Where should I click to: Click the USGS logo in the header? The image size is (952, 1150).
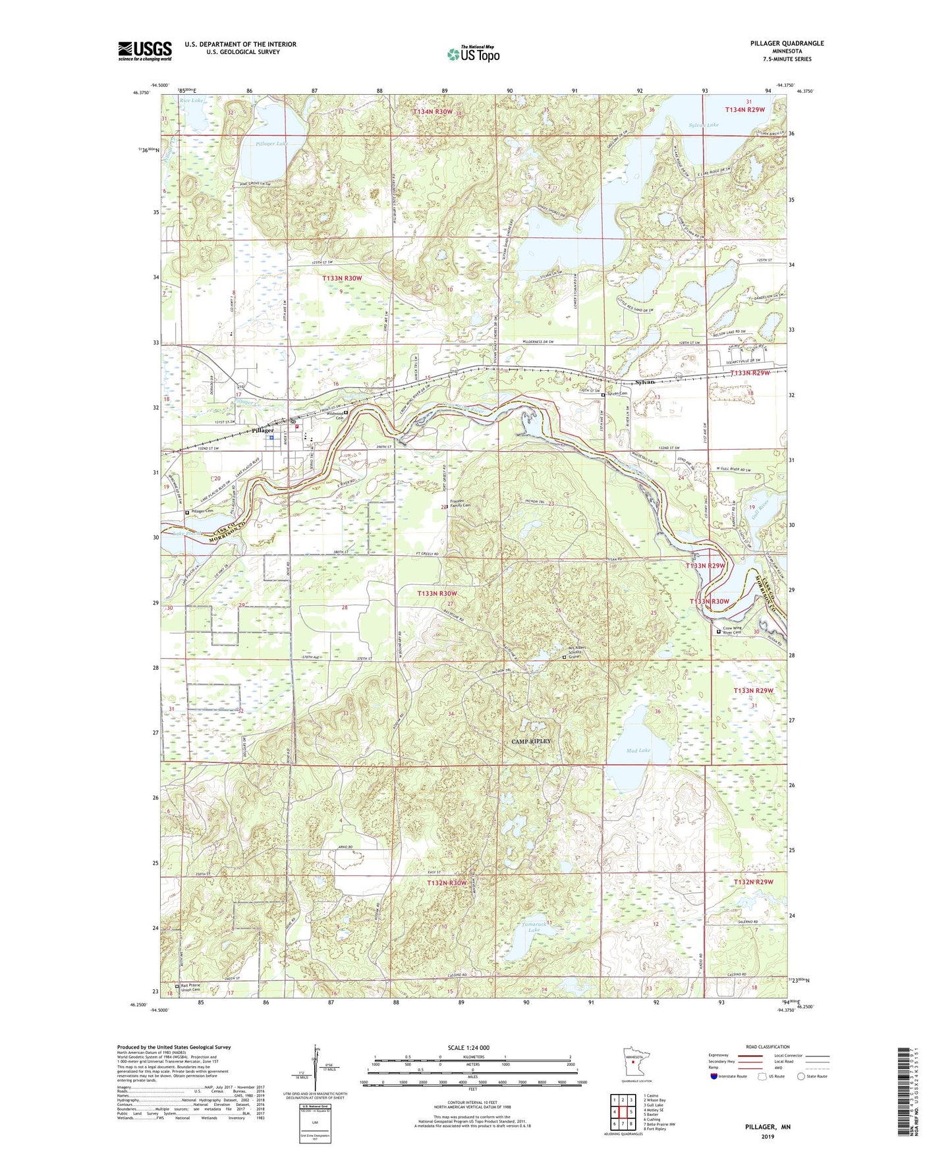coord(145,51)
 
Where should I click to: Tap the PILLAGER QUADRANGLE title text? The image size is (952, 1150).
coord(787,43)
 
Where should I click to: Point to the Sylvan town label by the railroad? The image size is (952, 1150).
coord(645,382)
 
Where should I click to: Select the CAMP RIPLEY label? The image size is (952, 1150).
coord(531,741)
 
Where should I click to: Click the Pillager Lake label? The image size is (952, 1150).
coord(272,143)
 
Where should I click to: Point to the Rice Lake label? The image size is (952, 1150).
coord(192,101)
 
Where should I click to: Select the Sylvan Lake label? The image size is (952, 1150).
coord(704,124)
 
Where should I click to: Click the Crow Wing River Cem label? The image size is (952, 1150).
coord(737,630)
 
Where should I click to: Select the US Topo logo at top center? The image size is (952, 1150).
coord(473,54)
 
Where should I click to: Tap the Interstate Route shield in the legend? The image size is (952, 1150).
coord(714,1076)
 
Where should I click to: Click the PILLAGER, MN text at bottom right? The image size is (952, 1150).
coord(768,1127)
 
